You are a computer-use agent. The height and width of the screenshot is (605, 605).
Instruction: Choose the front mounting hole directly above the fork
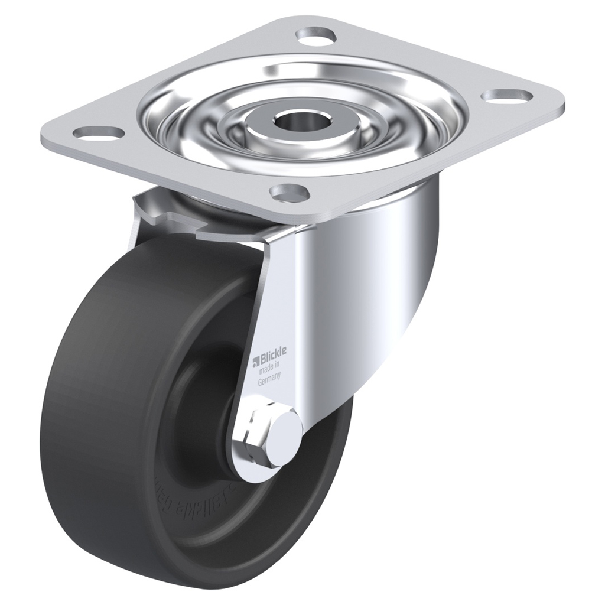(x=290, y=191)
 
